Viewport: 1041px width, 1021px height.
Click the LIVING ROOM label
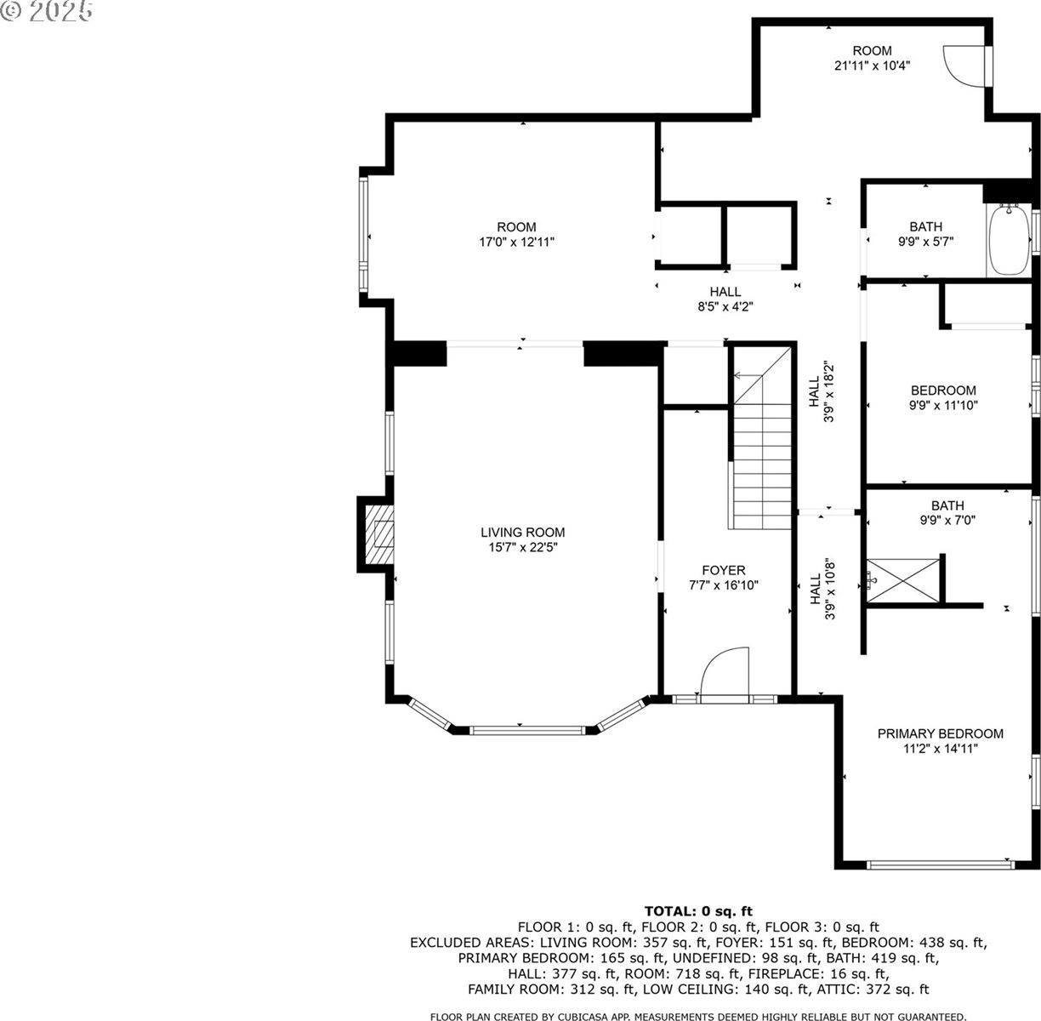point(522,533)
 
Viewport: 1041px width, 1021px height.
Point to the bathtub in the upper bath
point(1009,241)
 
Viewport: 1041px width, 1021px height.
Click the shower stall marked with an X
point(904,580)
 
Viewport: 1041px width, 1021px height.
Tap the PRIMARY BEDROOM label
point(940,733)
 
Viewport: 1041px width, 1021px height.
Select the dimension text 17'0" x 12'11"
point(516,242)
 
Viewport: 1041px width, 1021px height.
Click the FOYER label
point(723,570)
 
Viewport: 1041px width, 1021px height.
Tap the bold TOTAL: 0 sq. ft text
point(697,911)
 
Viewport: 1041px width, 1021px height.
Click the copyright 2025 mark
point(47,12)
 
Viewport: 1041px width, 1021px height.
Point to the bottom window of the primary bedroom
point(940,864)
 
